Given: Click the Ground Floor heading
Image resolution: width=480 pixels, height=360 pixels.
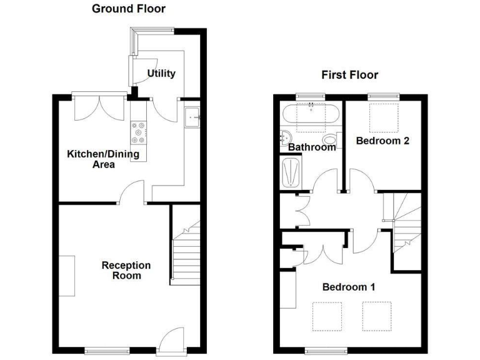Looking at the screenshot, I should coord(129,9).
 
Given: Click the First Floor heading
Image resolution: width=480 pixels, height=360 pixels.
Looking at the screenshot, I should coord(349,75).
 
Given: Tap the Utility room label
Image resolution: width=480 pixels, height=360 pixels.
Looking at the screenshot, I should coord(161,73).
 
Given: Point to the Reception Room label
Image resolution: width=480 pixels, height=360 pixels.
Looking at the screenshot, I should coord(126,270).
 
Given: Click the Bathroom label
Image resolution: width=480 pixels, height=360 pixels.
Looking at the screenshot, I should coord(312,147).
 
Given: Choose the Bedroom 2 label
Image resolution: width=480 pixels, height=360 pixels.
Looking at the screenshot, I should coord(382,141).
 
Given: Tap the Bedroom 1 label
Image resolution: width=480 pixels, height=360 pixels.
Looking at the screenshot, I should coord(348,287).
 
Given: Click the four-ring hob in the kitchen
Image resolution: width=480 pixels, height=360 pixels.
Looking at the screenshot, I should coord(138,132).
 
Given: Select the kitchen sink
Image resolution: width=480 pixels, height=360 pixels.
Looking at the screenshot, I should coord(192,116).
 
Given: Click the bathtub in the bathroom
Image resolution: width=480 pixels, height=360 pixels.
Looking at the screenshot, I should coord(311,114).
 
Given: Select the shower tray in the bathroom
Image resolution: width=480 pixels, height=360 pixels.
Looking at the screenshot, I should coord(291,172).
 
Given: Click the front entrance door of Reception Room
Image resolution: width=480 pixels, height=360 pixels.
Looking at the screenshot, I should coord(171,341).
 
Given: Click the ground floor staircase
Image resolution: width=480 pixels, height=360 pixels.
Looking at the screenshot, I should coord(186,256).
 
